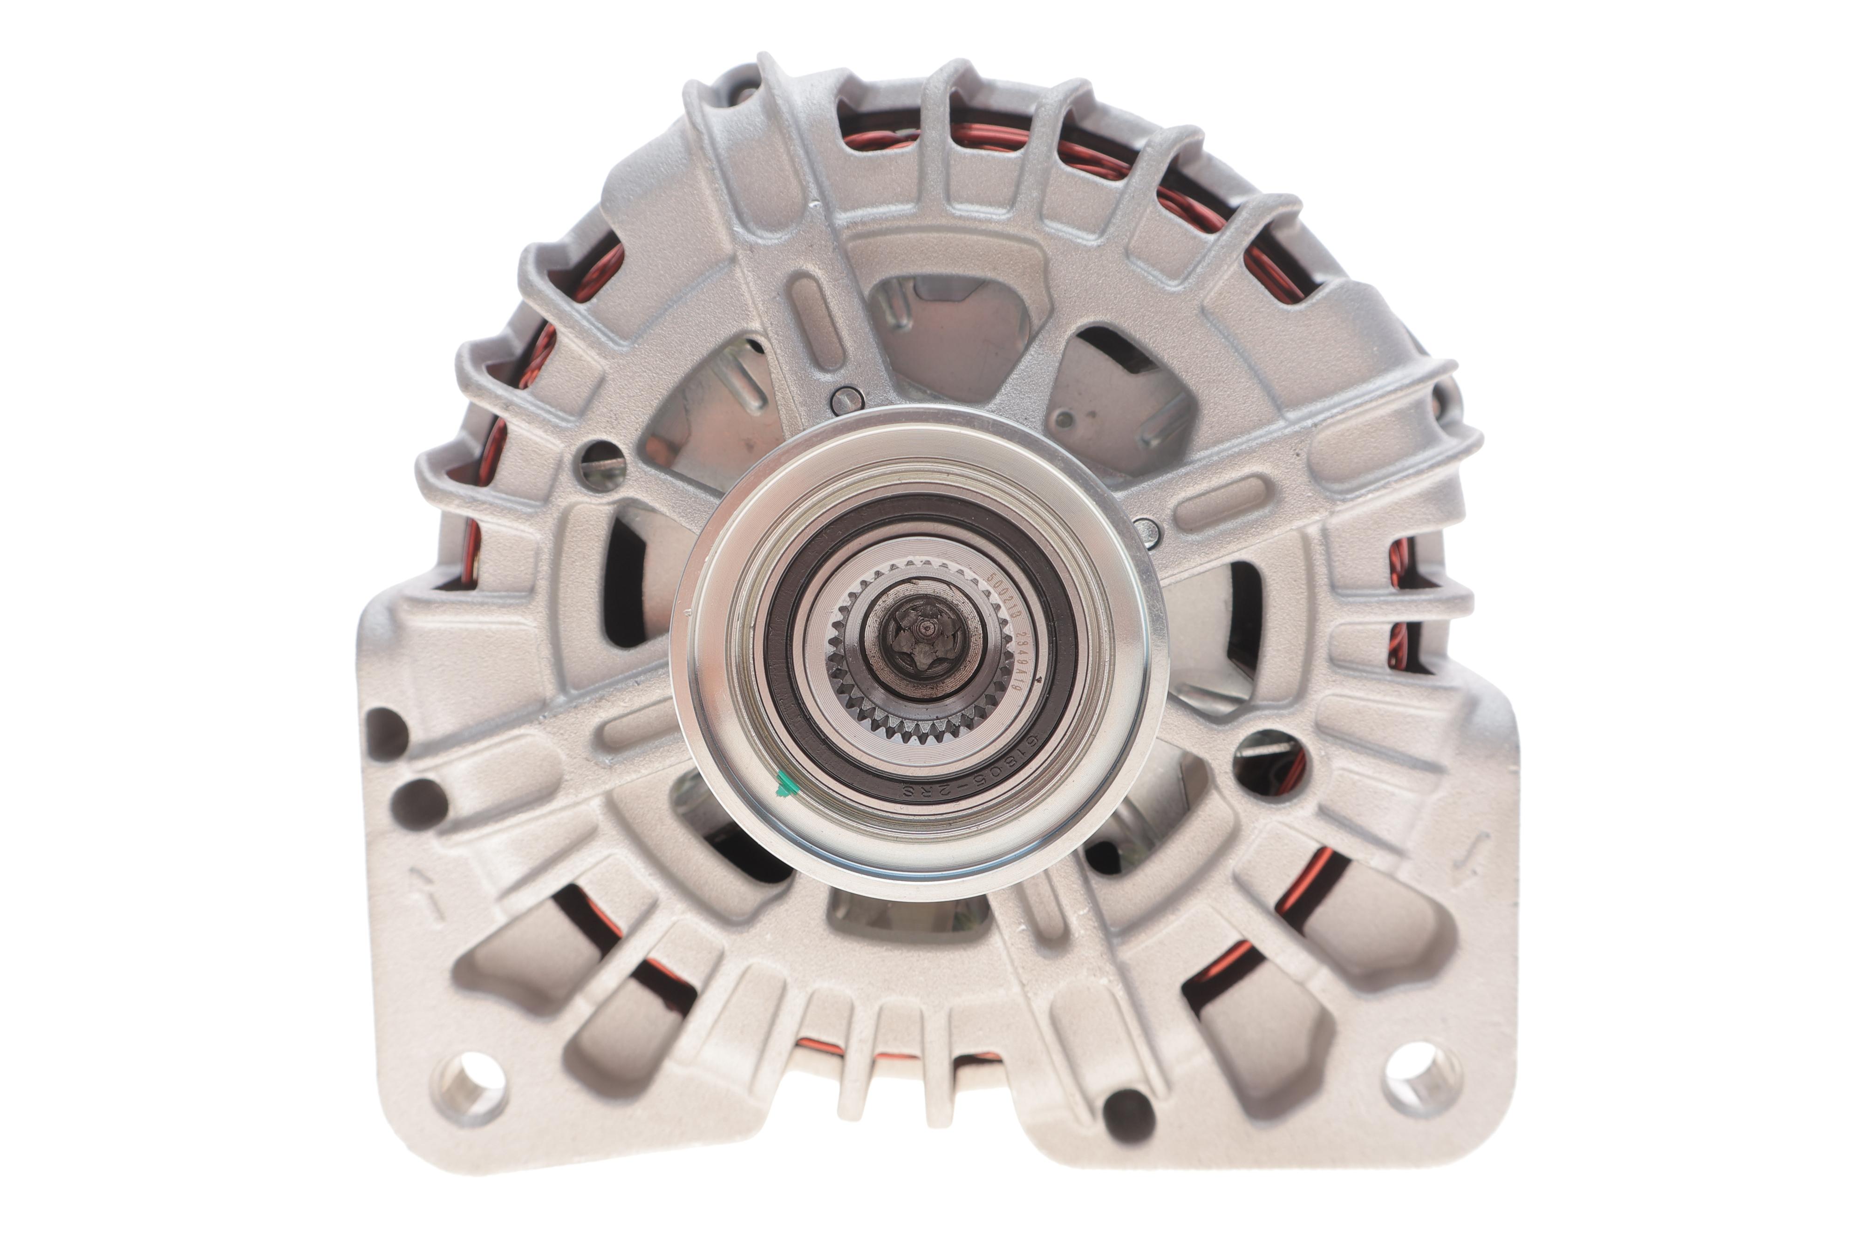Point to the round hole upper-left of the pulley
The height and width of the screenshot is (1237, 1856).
pyautogui.click(x=601, y=465)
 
